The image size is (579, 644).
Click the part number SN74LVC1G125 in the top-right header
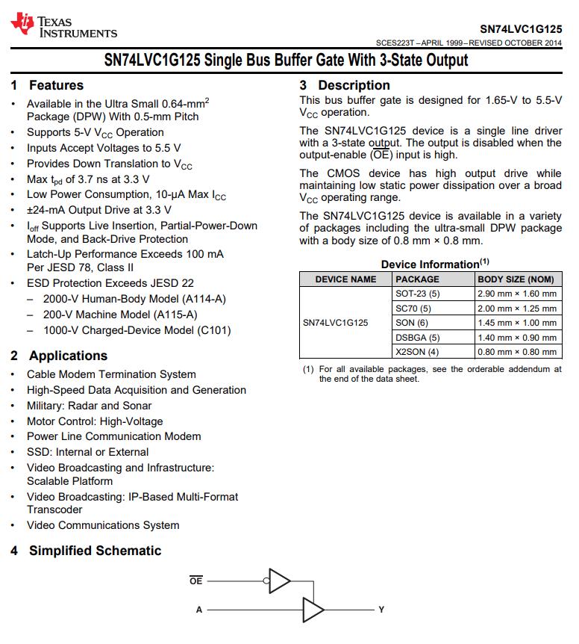pyautogui.click(x=521, y=28)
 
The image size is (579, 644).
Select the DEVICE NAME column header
pyautogui.click(x=345, y=279)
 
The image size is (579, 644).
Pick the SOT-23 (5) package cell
pyautogui.click(x=418, y=294)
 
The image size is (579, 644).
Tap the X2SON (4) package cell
pyautogui.click(x=417, y=352)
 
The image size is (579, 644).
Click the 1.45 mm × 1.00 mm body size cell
pyautogui.click(x=517, y=323)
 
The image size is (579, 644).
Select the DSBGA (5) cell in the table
pyautogui.click(x=418, y=338)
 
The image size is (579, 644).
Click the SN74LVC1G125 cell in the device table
pyautogui.click(x=335, y=323)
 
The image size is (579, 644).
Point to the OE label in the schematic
pyautogui.click(x=195, y=580)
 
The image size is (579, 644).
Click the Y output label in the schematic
pyautogui.click(x=381, y=610)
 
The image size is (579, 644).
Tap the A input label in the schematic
pyautogui.click(x=199, y=610)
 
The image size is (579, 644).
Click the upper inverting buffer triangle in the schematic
pyautogui.click(x=278, y=579)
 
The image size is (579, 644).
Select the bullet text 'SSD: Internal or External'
pyautogui.click(x=87, y=452)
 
